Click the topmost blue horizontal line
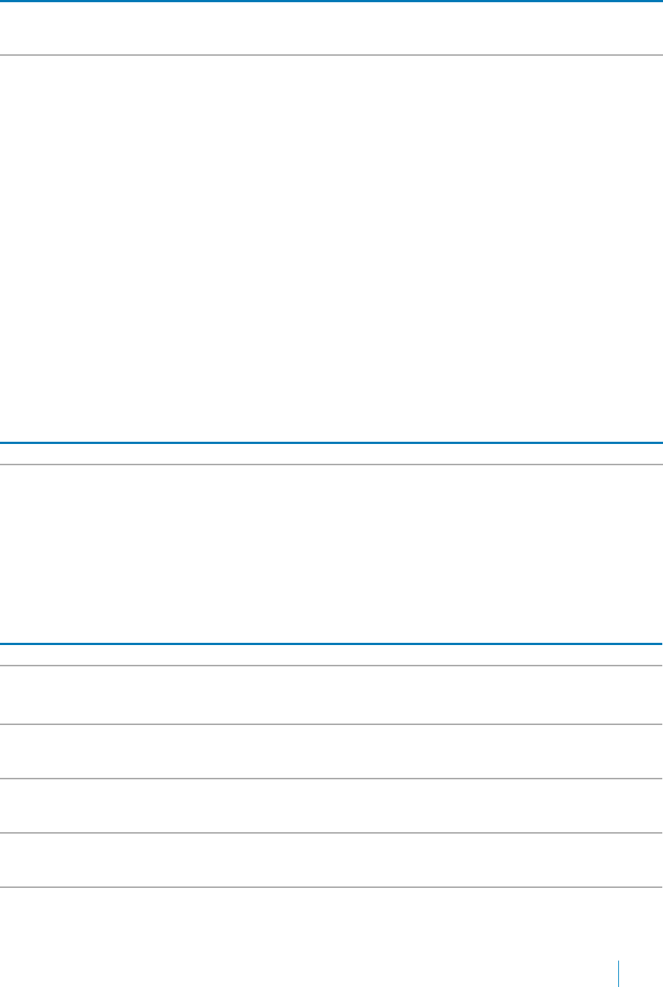coord(331,1)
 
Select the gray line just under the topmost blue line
coord(331,55)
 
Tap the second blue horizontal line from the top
coord(331,442)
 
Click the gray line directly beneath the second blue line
coord(331,465)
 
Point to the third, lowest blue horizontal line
coord(331,644)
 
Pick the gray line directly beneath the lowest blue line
coord(331,666)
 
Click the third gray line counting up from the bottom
coord(331,779)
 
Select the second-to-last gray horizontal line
coord(331,832)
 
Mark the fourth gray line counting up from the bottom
coord(331,724)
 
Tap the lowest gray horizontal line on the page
coord(331,887)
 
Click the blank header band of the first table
coord(331,29)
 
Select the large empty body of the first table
coord(331,248)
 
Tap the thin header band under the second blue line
coord(331,454)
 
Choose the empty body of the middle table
coord(331,553)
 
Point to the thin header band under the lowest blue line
coord(331,655)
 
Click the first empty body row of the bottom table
coord(331,695)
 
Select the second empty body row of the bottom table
coord(331,751)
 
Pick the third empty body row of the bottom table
coord(331,806)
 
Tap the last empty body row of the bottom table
coord(331,860)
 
